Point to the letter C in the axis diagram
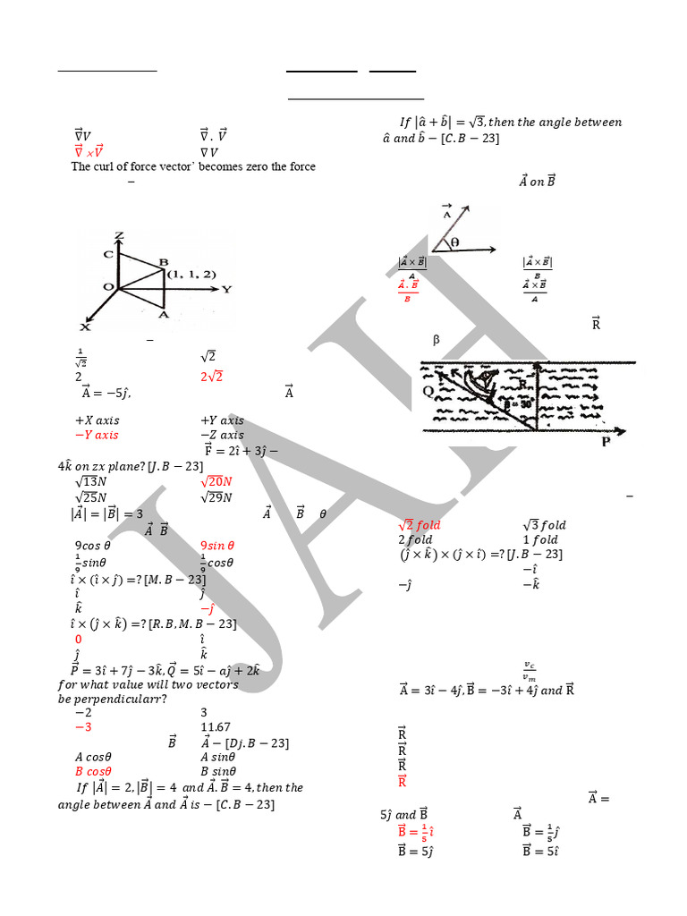[108, 254]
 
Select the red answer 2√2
[211, 377]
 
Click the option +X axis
[98, 420]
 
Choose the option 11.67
[216, 727]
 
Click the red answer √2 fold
[420, 525]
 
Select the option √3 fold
[544, 525]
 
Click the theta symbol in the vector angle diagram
[454, 242]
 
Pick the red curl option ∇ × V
[89, 151]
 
